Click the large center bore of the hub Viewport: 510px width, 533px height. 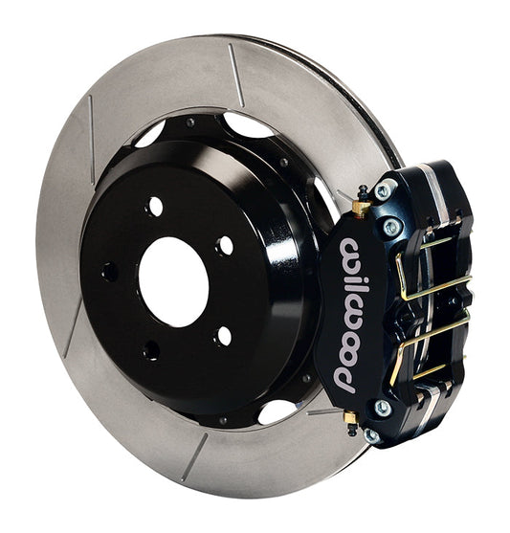tap(172, 280)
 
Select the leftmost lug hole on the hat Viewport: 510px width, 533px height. tap(109, 272)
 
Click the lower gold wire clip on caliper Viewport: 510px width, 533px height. tap(431, 354)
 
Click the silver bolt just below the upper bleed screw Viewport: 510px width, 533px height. tap(390, 228)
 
